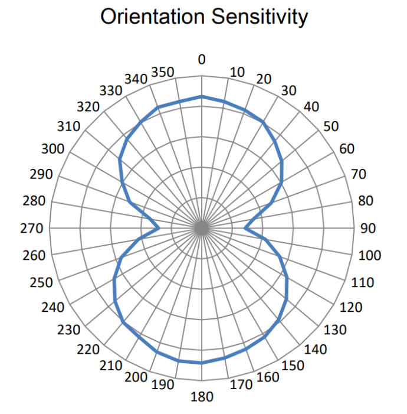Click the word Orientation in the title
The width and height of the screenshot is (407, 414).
tap(150, 17)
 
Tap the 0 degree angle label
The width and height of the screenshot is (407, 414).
tap(202, 60)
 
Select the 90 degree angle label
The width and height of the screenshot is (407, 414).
tap(367, 229)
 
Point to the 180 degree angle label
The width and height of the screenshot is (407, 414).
tap(202, 397)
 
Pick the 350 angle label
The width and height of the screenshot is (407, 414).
tap(162, 72)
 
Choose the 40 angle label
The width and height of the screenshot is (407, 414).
tap(310, 107)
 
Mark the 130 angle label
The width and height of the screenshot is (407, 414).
tap(335, 330)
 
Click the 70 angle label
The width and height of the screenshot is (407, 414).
tap(359, 174)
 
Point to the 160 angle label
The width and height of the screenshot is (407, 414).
tap(268, 377)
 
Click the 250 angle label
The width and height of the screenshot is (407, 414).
tap(41, 283)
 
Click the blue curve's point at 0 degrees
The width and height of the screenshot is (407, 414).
tap(202, 96)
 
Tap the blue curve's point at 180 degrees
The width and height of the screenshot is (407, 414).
tap(202, 363)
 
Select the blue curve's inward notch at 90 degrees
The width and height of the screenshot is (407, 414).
tap(245, 228)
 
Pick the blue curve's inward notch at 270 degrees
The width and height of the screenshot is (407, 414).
tap(159, 228)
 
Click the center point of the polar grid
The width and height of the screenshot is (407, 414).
tap(202, 228)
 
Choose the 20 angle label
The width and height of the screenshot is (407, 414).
tap(264, 79)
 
